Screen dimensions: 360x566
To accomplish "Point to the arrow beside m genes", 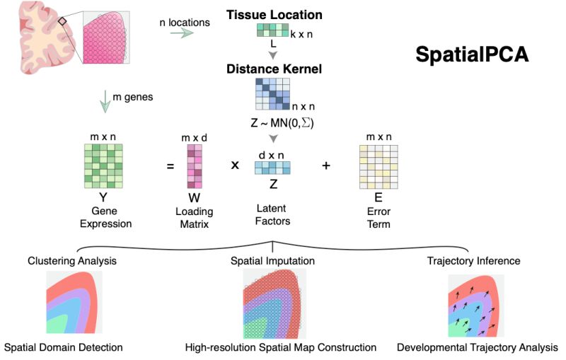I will pos(105,103).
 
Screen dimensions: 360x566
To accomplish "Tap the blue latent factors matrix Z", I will pos(272,168).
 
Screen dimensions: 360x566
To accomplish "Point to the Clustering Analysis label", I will pos(72,261).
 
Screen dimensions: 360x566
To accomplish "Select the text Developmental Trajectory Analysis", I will pos(478,348).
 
